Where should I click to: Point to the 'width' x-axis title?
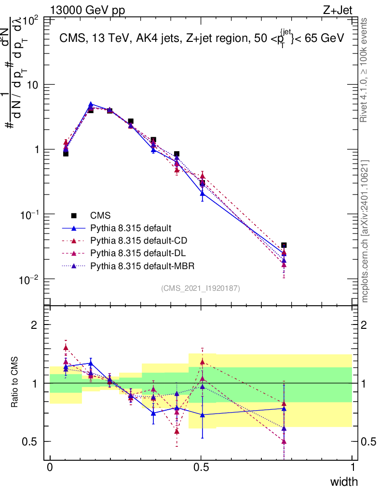[344, 481]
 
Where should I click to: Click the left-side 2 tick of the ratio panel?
[34, 324]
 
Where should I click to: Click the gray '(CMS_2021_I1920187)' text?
[201, 288]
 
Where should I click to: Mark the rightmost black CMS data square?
[284, 245]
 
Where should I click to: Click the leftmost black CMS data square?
[66, 154]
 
